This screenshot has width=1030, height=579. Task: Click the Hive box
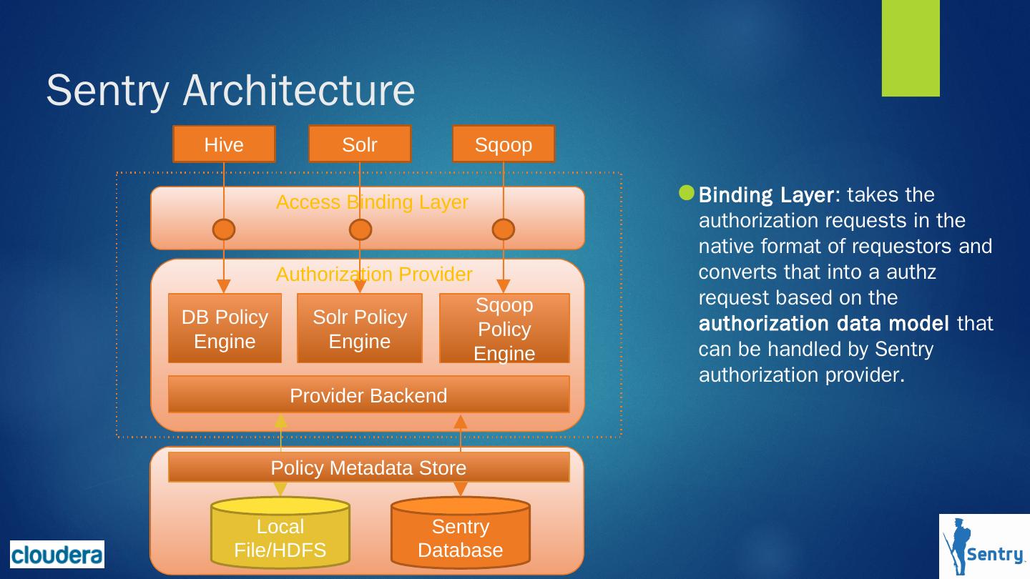[224, 144]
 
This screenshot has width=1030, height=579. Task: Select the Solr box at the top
[360, 144]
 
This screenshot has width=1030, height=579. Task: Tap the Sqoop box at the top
[504, 144]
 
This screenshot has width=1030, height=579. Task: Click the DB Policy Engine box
[225, 328]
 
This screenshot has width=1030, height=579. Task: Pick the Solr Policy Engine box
[360, 328]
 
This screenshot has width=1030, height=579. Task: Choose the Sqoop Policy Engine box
[504, 328]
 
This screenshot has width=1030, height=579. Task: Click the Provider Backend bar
[369, 395]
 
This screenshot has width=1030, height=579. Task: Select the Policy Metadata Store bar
[369, 467]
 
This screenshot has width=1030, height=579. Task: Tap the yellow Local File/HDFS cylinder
[280, 533]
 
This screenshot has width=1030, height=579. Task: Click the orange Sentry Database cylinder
[461, 533]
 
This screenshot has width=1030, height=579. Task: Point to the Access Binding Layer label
[372, 202]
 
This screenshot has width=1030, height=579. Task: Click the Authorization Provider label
[374, 274]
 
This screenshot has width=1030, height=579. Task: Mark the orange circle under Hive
[224, 229]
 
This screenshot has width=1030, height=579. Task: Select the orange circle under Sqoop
[504, 229]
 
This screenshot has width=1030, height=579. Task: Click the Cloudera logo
[57, 554]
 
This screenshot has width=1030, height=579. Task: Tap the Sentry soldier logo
[984, 546]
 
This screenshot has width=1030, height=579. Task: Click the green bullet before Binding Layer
[687, 193]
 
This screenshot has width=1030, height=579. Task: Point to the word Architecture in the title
[299, 90]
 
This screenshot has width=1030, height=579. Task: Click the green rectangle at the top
[911, 49]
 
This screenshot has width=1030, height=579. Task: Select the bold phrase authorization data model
[823, 323]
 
